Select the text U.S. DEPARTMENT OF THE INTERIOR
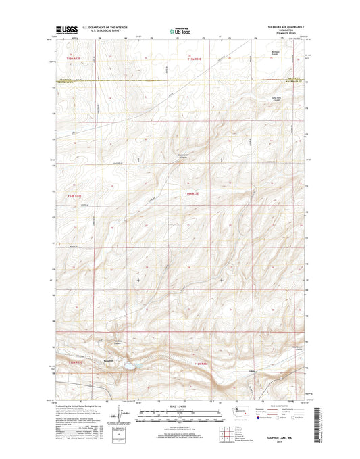pos(109,28)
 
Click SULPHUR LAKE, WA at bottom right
pos(287,439)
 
